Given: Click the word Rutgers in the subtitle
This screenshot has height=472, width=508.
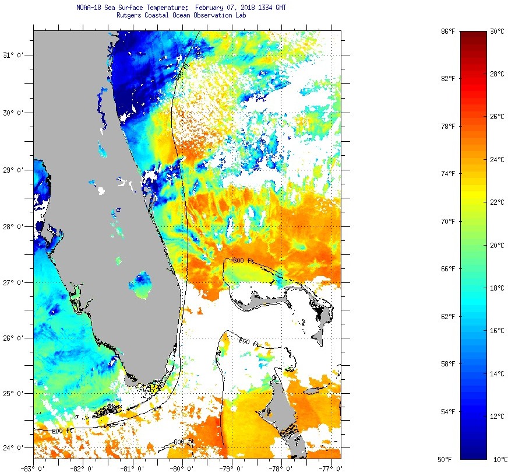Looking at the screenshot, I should [x=129, y=15].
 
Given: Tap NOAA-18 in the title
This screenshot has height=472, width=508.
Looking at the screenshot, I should [x=89, y=8].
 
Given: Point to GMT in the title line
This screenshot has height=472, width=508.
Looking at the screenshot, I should [x=280, y=8].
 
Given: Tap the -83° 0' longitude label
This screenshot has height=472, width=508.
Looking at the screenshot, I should [x=33, y=467].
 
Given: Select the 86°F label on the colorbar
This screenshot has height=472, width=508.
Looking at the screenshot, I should [x=447, y=31].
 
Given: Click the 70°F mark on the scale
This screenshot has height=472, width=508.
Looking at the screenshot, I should [x=447, y=221].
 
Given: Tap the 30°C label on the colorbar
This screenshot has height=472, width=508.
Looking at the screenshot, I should [x=496, y=31].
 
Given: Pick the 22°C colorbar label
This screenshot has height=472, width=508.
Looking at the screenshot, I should [x=496, y=202].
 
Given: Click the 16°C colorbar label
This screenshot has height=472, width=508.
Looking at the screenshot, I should [x=496, y=331].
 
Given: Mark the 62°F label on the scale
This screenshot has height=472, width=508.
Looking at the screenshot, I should [x=447, y=316].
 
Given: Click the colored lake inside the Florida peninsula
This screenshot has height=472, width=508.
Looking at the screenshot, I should [x=142, y=283].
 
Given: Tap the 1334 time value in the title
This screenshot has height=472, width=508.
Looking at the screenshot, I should [x=262, y=8].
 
